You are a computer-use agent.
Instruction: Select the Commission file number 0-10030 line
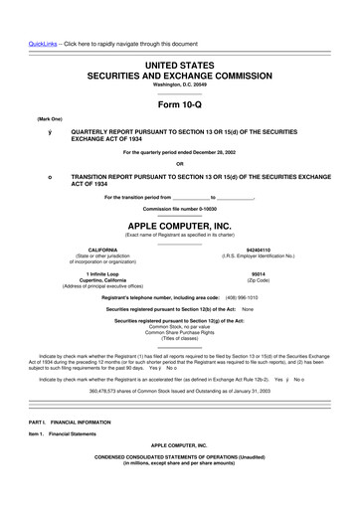tap(180, 209)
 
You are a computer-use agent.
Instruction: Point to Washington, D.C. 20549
tap(180, 85)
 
